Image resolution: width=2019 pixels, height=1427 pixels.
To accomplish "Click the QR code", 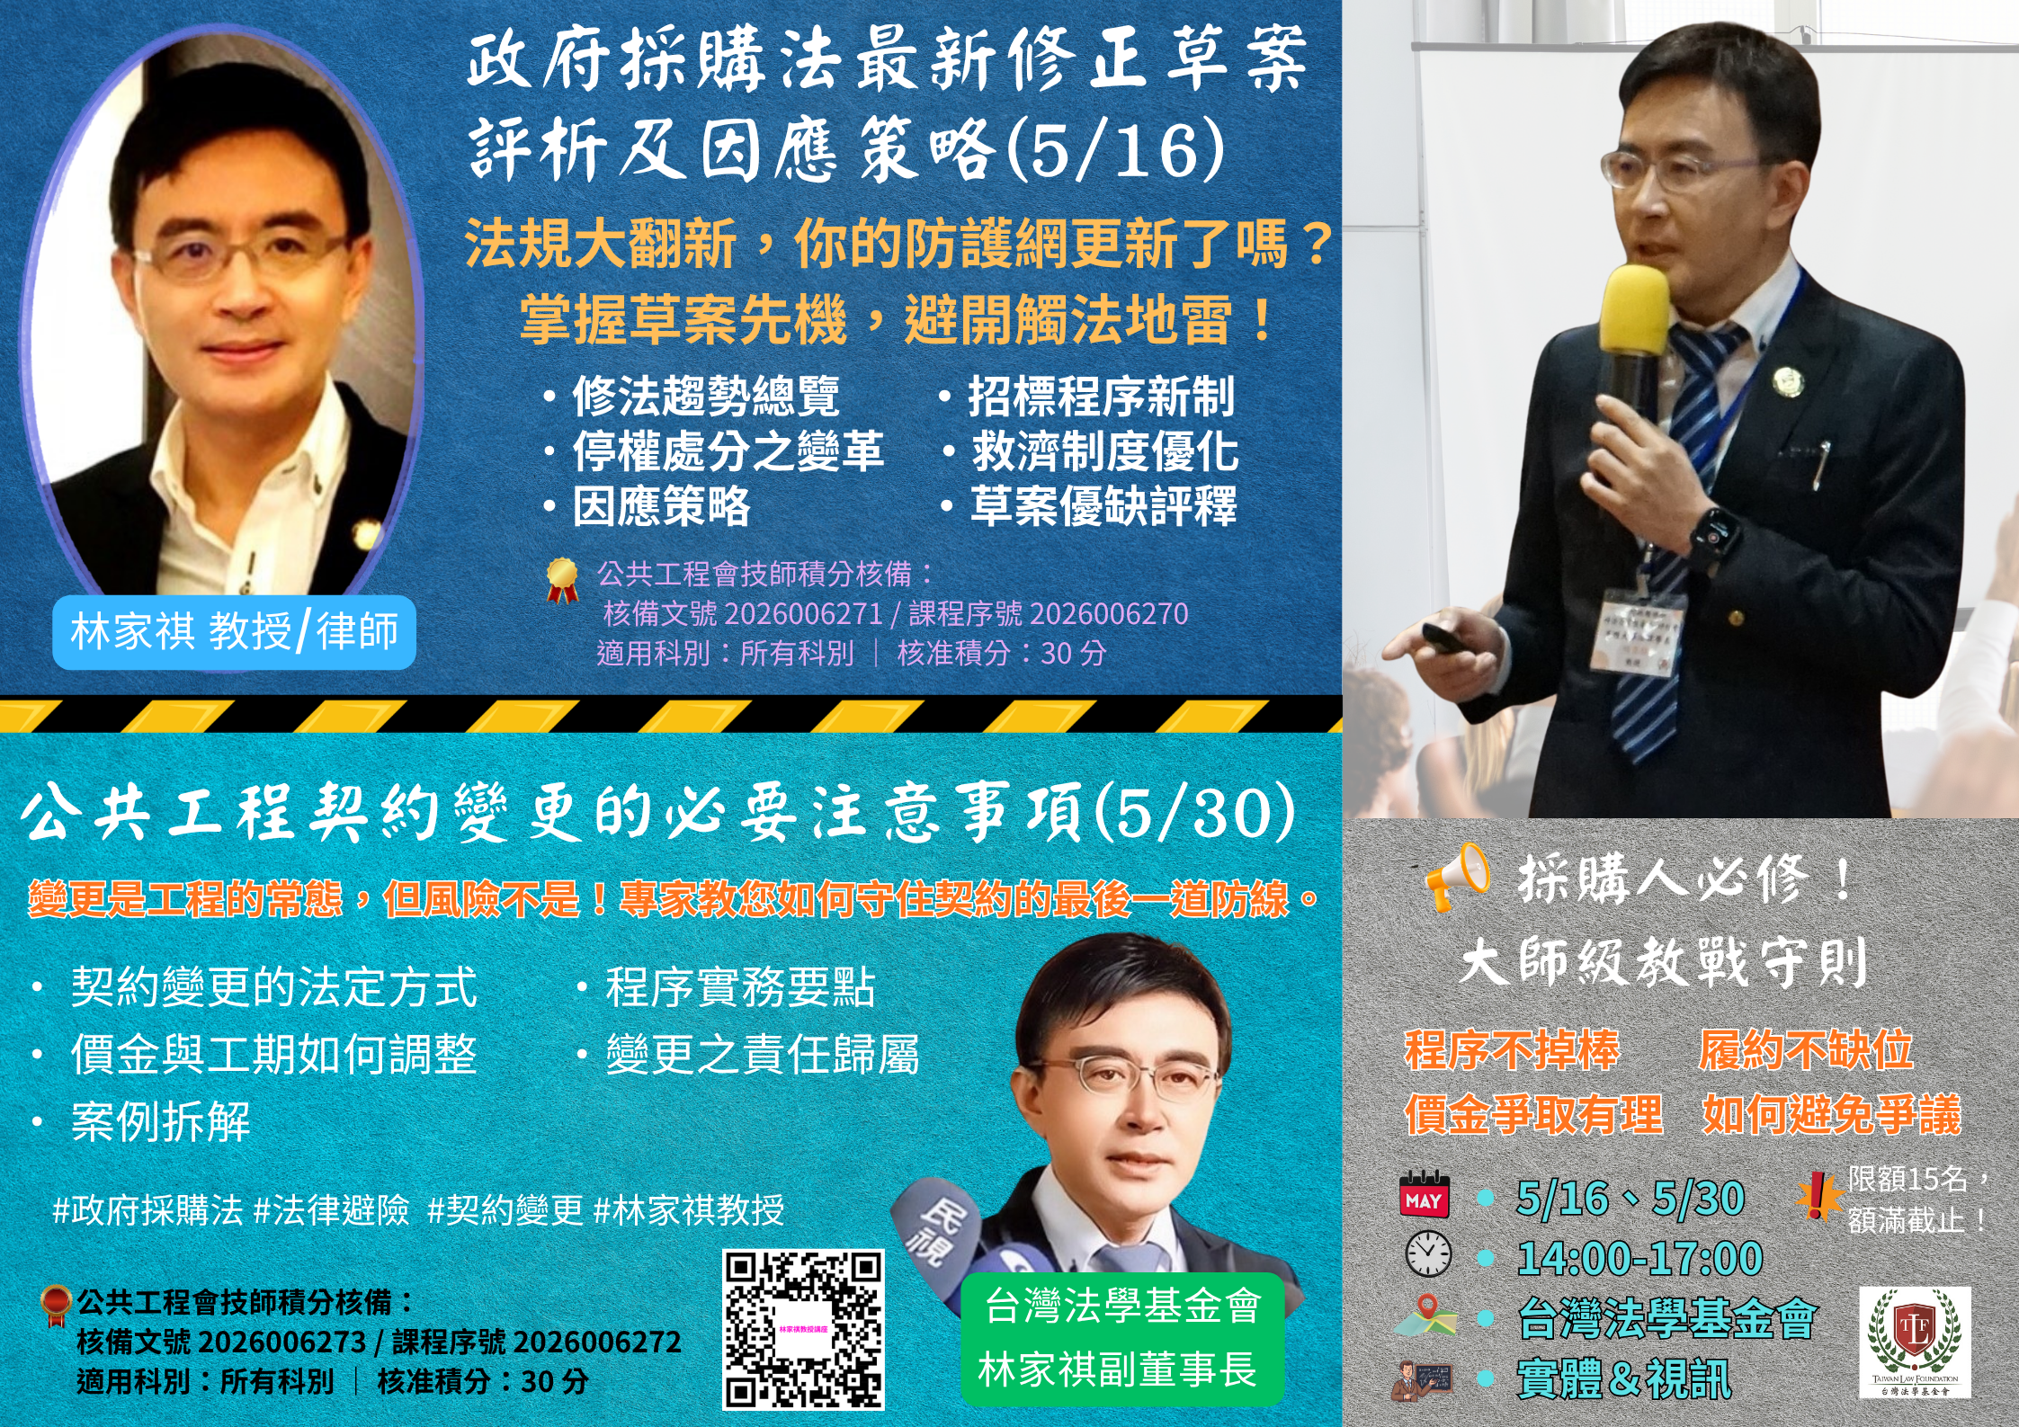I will click(803, 1328).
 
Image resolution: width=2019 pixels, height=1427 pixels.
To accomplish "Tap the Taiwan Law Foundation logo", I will click(1915, 1341).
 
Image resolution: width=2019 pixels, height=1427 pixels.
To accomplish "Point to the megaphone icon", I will click(1454, 875).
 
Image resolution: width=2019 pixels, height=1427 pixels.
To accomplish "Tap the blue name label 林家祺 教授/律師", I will click(234, 631).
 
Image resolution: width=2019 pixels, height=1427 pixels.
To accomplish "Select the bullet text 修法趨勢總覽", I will click(705, 397).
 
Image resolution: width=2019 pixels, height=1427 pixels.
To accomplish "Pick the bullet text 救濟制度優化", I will click(1104, 451).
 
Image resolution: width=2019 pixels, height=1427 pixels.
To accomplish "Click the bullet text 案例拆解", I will click(160, 1121).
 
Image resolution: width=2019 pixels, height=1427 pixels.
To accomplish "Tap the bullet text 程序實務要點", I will click(739, 986).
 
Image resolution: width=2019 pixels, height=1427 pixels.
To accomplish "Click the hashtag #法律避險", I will click(331, 1210).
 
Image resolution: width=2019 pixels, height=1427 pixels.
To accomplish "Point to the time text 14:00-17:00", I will click(1639, 1258).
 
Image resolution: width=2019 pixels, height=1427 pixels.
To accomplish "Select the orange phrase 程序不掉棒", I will click(1512, 1049).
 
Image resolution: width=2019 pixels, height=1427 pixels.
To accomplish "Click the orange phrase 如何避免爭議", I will click(1831, 1115).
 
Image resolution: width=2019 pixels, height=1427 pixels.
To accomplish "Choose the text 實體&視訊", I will click(1623, 1378).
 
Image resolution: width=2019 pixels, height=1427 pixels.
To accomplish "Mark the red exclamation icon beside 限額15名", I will click(1818, 1196).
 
